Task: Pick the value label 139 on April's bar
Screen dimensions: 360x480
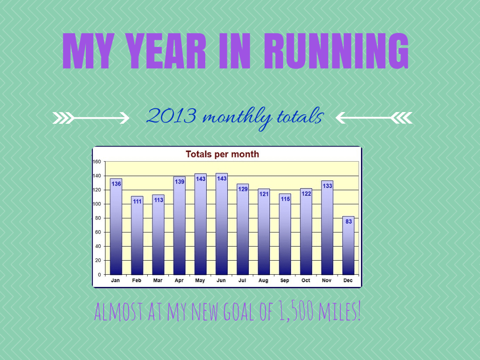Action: point(180,181)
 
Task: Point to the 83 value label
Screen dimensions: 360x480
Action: point(348,221)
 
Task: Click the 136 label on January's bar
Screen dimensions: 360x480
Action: point(116,184)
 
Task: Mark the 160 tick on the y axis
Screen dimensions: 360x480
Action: point(97,162)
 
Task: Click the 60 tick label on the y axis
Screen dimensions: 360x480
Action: point(98,232)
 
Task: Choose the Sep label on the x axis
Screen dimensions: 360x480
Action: point(285,280)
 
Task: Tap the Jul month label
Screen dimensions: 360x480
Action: point(242,280)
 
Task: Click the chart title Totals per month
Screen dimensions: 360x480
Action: point(222,154)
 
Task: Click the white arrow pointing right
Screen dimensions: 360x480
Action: point(91,118)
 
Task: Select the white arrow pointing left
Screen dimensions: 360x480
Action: point(374,118)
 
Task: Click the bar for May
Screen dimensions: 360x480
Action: point(201,225)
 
